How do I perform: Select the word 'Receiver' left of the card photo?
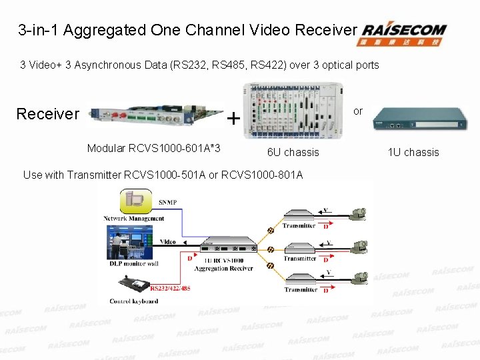(x=47, y=114)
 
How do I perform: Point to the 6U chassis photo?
(x=293, y=110)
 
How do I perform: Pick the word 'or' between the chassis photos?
(x=358, y=111)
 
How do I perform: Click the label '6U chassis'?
(x=293, y=153)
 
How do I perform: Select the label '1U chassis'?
(x=413, y=153)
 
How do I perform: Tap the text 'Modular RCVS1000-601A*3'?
(x=154, y=147)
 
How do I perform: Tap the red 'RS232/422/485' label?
(x=170, y=289)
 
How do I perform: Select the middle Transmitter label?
(x=299, y=259)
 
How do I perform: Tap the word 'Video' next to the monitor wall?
(x=169, y=242)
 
